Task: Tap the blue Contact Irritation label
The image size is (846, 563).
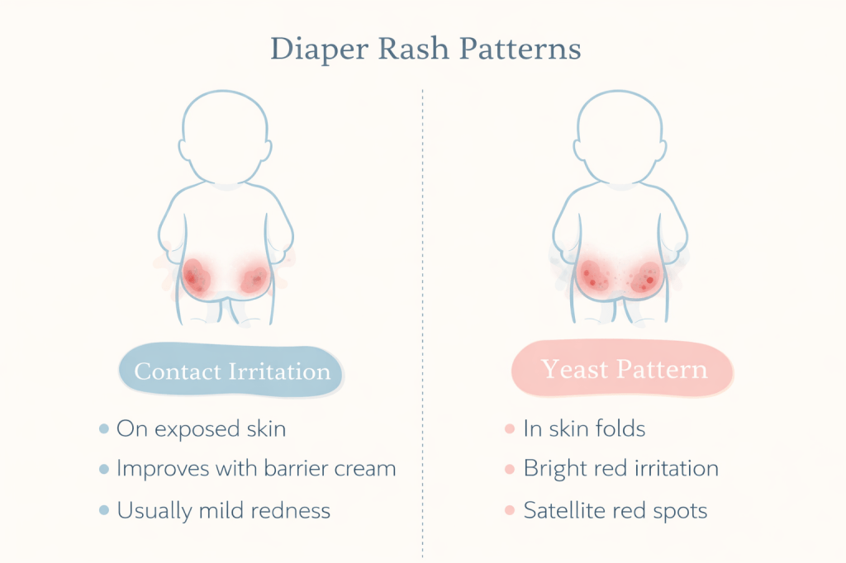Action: pos(232,371)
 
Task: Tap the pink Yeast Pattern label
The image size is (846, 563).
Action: pos(624,369)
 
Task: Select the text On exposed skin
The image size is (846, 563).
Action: pos(202,428)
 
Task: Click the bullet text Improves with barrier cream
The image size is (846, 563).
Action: pos(256,469)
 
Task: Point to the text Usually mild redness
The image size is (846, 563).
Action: pos(223,510)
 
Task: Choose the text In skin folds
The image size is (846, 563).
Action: pos(584,428)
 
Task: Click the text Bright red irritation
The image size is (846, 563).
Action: pos(620,469)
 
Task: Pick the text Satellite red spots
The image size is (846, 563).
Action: pos(615,510)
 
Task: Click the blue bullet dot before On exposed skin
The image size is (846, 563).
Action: pos(103,429)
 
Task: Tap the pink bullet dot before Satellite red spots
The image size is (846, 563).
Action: pos(510,511)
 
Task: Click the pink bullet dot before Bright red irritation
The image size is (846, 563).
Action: pos(510,470)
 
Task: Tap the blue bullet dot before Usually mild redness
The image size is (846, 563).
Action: pos(103,511)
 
